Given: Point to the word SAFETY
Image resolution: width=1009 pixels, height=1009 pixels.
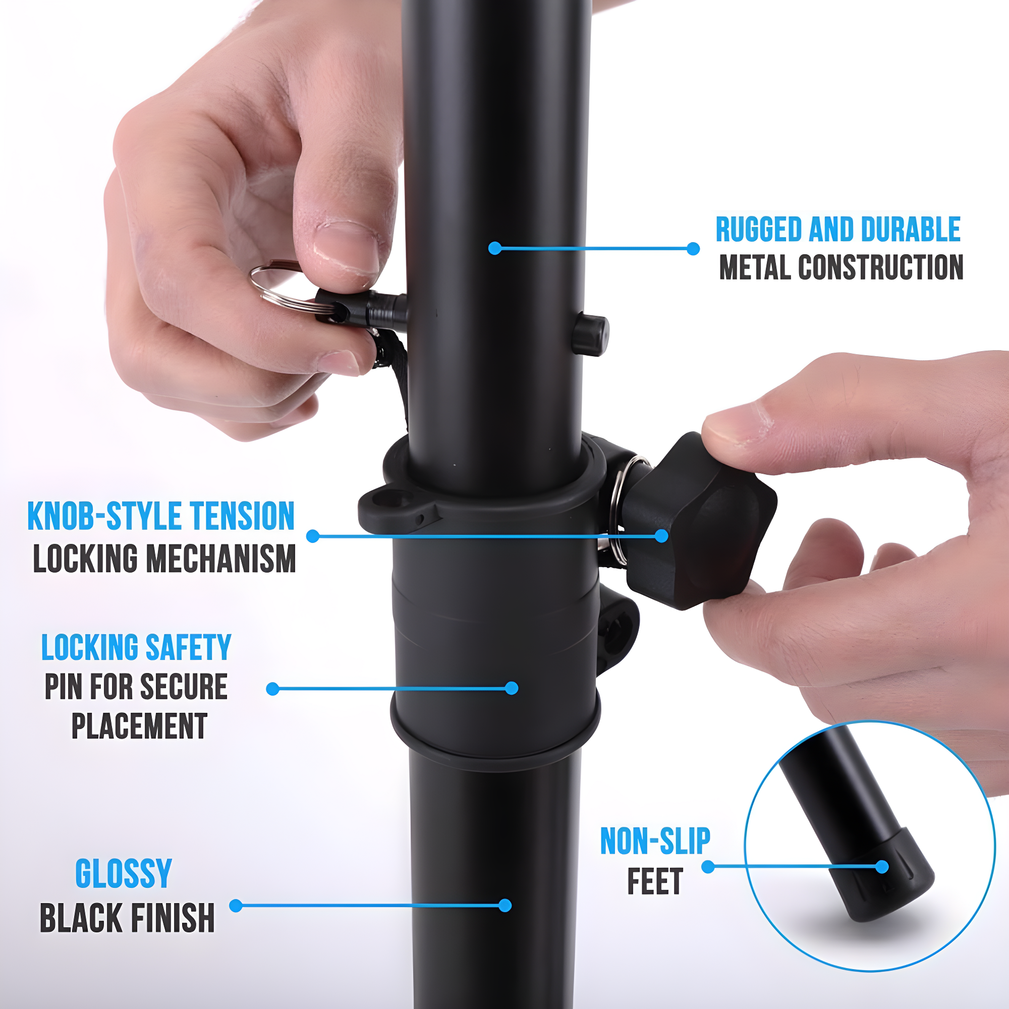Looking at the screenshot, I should point(188,648).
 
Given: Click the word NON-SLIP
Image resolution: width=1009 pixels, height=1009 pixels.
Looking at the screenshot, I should point(655,842).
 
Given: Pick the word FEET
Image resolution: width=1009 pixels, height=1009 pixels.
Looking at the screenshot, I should point(655,881).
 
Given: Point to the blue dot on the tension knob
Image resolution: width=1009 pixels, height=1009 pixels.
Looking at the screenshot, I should point(661,536).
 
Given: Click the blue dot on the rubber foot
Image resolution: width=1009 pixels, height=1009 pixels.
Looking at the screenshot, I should point(881,867).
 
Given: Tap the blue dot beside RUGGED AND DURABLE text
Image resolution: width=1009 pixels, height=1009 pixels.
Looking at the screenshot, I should point(693,249).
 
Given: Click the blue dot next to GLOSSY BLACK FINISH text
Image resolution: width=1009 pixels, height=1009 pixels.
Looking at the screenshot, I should point(236,906).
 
